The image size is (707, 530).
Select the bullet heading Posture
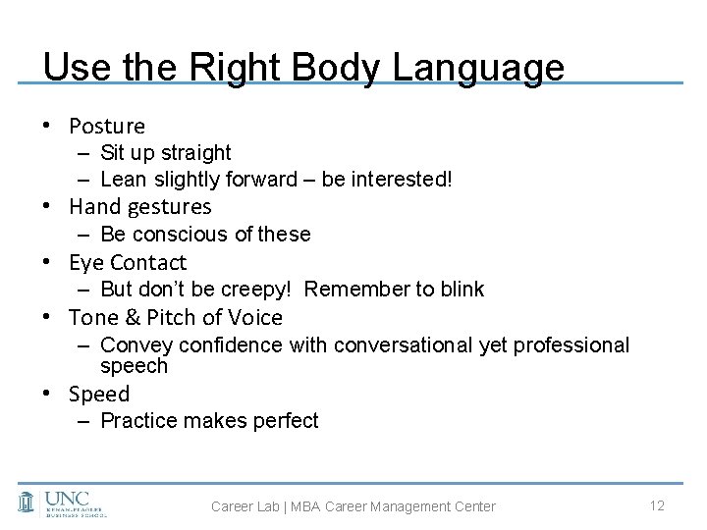click(107, 127)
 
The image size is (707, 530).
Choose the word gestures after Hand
click(168, 207)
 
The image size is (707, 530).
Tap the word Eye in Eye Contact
click(85, 263)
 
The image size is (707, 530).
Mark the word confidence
click(231, 345)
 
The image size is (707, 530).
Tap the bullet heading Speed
click(99, 395)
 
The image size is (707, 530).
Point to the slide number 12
click(658, 504)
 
